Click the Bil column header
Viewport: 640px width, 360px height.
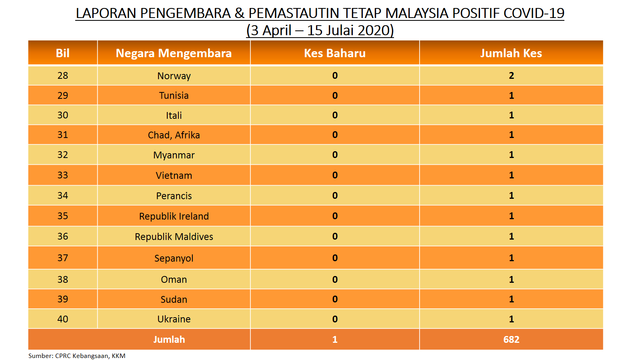pos(62,53)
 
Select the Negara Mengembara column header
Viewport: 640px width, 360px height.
pos(174,54)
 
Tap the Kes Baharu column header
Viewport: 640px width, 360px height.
pos(335,53)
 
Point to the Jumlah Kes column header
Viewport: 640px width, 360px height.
pos(511,53)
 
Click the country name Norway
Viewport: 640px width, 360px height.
pos(174,76)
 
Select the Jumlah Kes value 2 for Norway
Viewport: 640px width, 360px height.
pos(512,76)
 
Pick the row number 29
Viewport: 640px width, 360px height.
pos(62,95)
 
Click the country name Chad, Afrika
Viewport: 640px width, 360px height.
pos(174,135)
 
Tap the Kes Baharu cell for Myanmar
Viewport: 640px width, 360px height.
pos(335,154)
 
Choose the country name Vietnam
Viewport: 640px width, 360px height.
pos(174,175)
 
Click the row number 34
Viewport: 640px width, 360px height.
pos(62,196)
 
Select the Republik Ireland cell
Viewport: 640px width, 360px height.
pos(174,216)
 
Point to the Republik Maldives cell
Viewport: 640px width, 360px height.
pos(174,236)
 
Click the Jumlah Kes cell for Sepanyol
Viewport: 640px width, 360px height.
pos(512,258)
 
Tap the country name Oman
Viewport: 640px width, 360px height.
pos(174,279)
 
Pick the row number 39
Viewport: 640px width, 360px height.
pos(62,299)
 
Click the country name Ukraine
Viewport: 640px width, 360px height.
pos(174,319)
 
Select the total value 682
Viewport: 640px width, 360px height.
pos(511,340)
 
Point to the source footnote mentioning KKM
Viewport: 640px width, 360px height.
pos(76,356)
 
